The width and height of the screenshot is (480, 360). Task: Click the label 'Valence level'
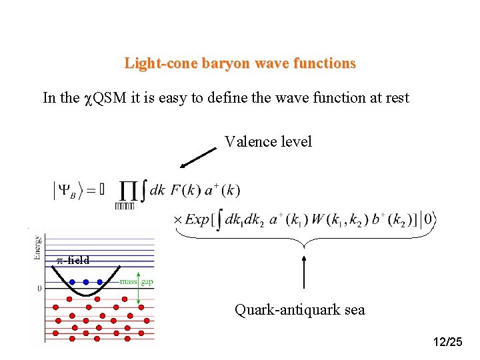coord(268,141)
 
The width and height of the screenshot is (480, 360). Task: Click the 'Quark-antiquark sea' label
coord(300,310)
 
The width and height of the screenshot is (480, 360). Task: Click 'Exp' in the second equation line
coord(197,219)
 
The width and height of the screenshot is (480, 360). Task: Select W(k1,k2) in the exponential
coord(334,219)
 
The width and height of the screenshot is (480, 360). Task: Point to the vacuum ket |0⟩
coord(427,219)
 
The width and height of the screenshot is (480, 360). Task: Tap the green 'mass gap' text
coord(137,282)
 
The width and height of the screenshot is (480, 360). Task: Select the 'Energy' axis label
coord(37,247)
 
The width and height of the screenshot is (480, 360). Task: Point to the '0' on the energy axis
coord(39,289)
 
